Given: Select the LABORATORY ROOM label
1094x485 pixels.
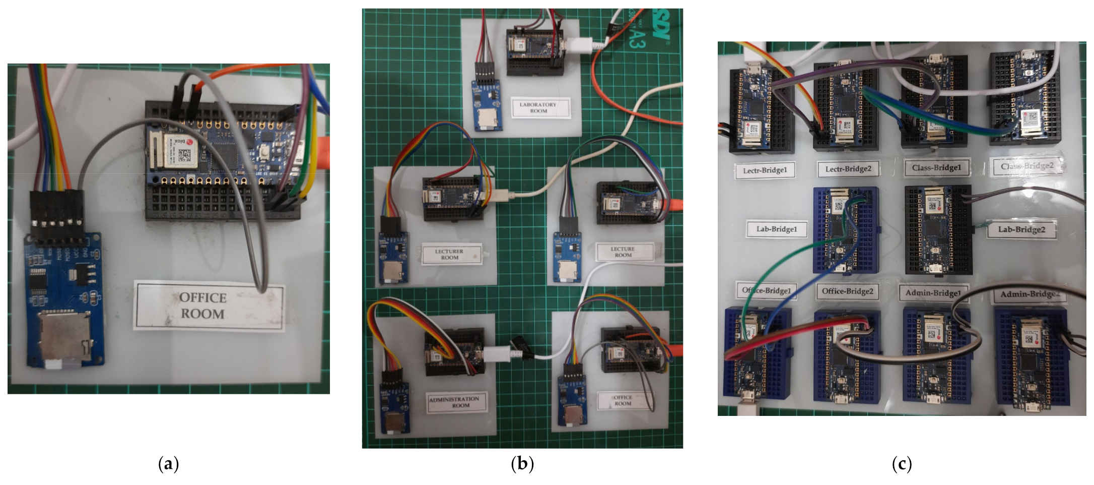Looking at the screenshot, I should (x=538, y=108).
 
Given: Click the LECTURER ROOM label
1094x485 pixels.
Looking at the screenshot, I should (x=450, y=254).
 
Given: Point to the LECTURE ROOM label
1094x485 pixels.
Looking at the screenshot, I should (x=623, y=252).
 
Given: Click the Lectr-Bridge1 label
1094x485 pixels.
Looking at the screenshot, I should (x=765, y=170).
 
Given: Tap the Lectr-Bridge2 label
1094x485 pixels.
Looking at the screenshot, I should (x=848, y=169).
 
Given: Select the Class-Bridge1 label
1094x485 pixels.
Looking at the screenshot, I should (x=936, y=167).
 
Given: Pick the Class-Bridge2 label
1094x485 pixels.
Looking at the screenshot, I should (x=1027, y=166).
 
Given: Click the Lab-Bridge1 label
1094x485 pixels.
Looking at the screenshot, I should (x=777, y=229).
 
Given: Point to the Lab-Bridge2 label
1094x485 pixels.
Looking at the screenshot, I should (x=1021, y=230).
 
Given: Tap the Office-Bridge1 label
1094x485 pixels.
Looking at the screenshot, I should (x=766, y=291).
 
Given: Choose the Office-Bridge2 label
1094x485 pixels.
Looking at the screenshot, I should (x=848, y=291).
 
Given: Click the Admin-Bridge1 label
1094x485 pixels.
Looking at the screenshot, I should (x=933, y=293).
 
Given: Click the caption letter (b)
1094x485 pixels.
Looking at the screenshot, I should (x=522, y=463).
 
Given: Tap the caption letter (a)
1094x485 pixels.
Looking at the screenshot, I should (x=168, y=463).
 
